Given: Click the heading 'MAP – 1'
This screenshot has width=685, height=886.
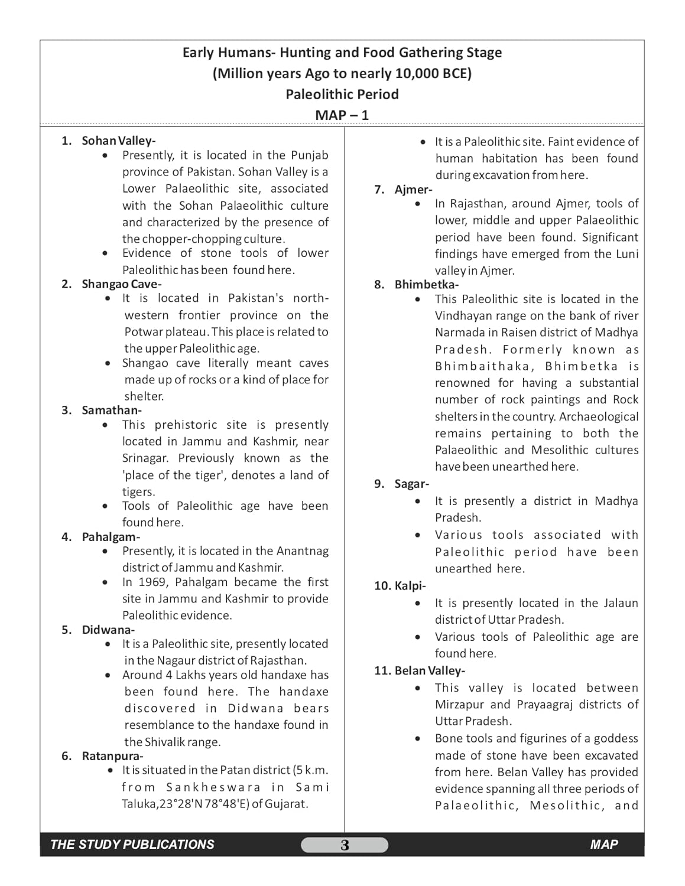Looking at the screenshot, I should point(342,115).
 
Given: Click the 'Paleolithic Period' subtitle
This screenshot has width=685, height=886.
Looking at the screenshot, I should point(342,95).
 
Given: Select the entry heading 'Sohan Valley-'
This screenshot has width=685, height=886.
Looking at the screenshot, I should point(118,141).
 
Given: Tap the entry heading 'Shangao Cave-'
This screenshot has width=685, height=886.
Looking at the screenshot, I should point(121,284).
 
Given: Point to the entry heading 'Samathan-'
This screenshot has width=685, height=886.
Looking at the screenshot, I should point(112,411).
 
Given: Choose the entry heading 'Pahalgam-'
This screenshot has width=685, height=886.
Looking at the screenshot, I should point(111,537).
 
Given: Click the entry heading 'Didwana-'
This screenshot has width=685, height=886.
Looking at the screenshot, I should point(108,630).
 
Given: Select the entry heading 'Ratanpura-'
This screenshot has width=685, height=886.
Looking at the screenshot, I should point(112,756).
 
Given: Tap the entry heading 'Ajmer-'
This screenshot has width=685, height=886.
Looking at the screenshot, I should point(413,190).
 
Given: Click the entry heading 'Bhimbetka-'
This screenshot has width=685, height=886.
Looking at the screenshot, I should point(426,285).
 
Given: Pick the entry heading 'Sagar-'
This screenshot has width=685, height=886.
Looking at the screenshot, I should point(411,484).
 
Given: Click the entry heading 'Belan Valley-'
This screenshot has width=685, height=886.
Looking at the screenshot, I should point(430,671).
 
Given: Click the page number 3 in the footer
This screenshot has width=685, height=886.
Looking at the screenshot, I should point(345,845).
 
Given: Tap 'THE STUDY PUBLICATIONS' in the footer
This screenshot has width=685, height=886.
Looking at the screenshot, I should point(132,845).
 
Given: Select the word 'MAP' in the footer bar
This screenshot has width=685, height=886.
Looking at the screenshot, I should point(603,845).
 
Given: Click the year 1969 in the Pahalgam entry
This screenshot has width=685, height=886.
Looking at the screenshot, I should point(152,582).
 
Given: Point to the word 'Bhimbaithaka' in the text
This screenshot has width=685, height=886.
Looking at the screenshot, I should point(483,367).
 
